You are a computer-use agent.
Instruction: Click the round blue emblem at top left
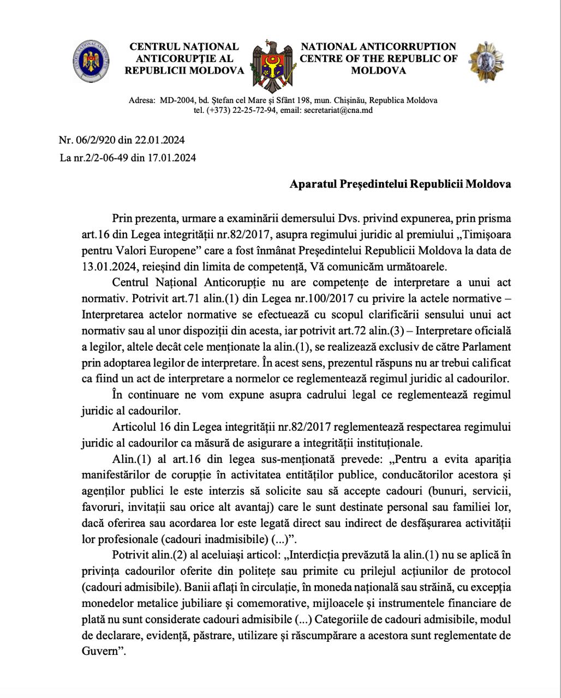click(x=91, y=59)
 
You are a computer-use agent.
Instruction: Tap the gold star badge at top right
click(x=486, y=61)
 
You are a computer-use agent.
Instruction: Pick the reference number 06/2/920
click(x=97, y=140)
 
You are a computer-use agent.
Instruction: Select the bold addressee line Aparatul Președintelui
click(x=400, y=184)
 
